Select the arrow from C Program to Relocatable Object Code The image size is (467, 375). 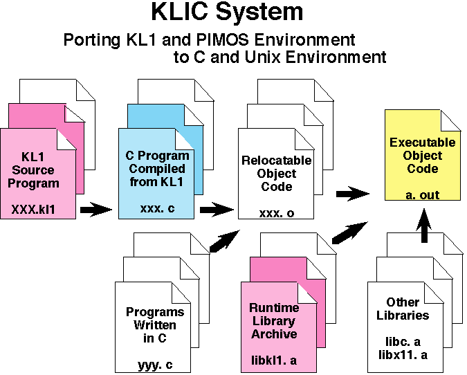pyautogui.click(x=217, y=208)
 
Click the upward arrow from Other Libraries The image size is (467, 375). pyautogui.click(x=425, y=226)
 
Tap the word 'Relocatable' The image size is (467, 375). pyautogui.click(x=276, y=161)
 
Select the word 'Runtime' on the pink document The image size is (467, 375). pyautogui.click(x=275, y=308)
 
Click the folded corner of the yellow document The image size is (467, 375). pyautogui.click(x=452, y=120)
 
